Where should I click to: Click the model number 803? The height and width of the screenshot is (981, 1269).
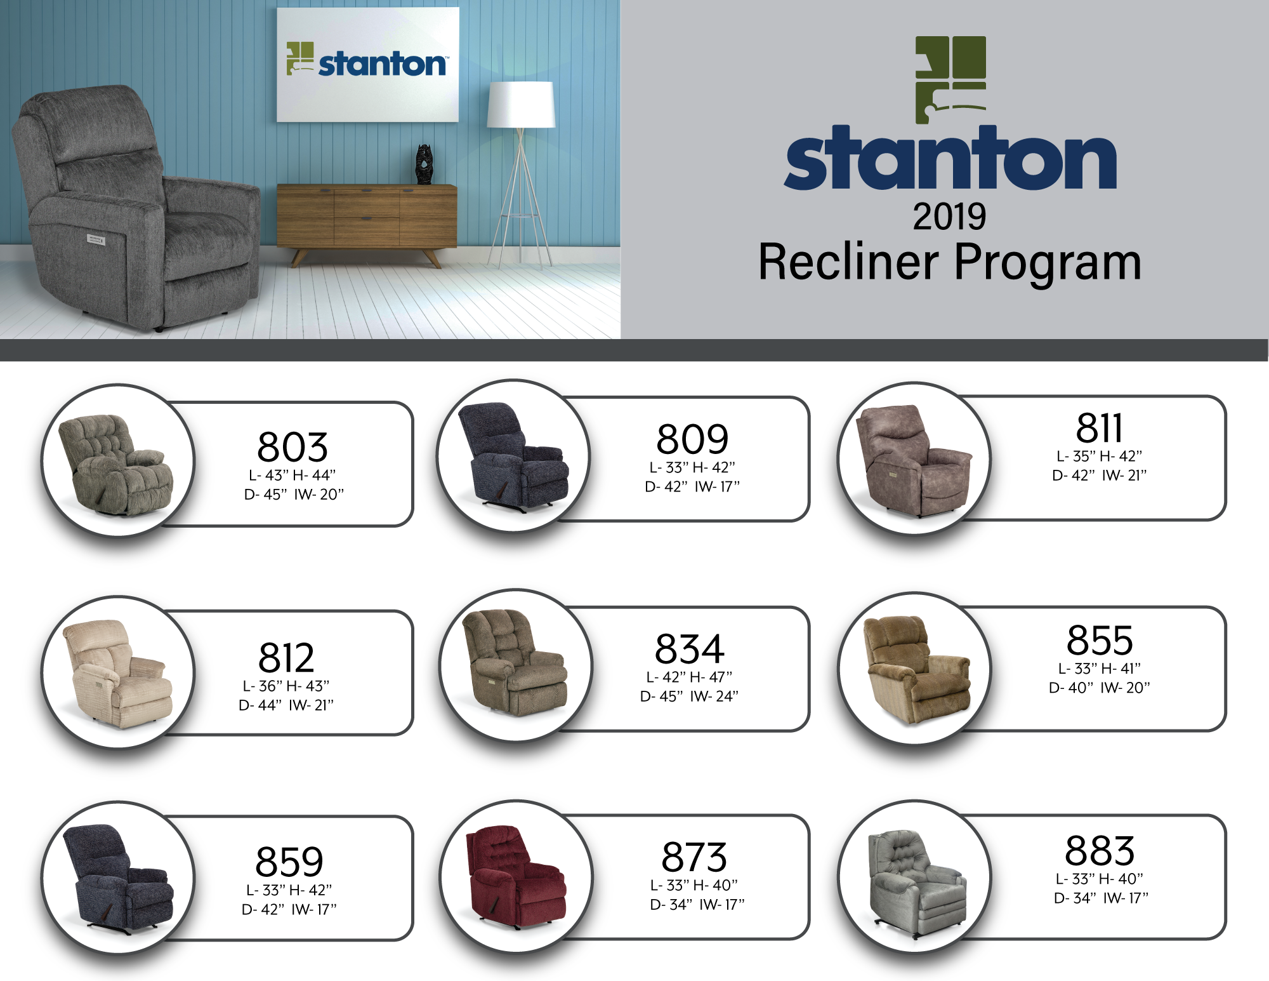(x=293, y=447)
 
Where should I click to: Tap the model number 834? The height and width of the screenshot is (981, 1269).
(x=690, y=649)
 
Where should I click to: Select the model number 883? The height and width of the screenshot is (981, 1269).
(x=1100, y=851)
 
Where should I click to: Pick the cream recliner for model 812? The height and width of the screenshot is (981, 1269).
(x=117, y=674)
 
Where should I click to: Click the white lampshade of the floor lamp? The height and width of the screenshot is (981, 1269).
(x=521, y=105)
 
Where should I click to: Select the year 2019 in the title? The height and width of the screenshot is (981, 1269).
(x=949, y=217)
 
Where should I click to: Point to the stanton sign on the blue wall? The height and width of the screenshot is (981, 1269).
(x=368, y=64)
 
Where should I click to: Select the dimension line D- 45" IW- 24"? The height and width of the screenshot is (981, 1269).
(x=689, y=697)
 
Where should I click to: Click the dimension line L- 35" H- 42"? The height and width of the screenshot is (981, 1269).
(x=1099, y=456)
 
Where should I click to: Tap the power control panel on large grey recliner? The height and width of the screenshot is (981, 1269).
(x=96, y=239)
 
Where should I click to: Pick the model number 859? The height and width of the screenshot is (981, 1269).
(x=289, y=862)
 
